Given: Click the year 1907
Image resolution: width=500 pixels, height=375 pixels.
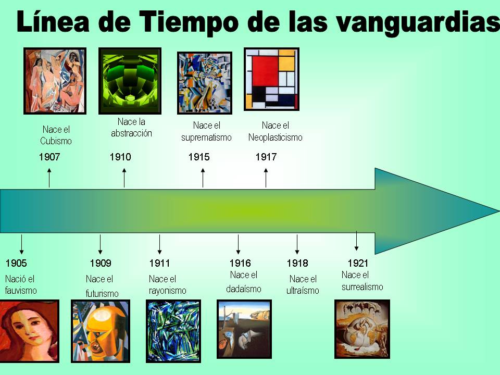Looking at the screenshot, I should [49, 157].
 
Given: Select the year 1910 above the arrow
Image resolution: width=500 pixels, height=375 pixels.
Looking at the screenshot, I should [120, 157].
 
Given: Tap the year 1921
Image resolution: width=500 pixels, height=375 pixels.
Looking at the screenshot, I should [358, 264].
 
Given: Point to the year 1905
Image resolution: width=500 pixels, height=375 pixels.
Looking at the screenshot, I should [16, 264].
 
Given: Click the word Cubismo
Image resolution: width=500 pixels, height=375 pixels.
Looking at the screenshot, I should [56, 141].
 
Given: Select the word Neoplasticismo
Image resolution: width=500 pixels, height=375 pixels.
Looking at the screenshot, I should [275, 138].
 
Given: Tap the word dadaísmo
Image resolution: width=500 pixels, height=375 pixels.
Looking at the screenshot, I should [243, 289].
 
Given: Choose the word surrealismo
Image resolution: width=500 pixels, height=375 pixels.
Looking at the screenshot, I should [362, 287].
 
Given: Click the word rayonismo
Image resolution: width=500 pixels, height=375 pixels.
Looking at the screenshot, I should [167, 291].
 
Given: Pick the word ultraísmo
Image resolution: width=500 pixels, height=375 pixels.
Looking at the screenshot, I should [303, 291].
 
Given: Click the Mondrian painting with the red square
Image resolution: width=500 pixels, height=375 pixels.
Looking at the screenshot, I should [271, 79].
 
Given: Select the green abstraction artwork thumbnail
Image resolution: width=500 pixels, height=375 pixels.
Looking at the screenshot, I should [130, 81].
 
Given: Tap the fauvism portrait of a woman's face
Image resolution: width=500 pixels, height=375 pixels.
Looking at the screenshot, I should [29, 331].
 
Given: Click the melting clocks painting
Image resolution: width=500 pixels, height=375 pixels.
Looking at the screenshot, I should [244, 329].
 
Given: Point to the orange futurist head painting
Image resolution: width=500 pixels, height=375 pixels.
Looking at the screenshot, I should [100, 331].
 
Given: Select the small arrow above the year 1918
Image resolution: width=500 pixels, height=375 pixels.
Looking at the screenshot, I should [297, 244].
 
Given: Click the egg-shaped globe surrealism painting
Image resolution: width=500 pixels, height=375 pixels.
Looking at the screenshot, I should [362, 329].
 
